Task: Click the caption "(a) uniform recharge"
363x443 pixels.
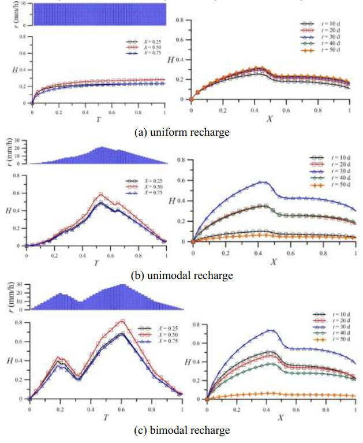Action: point(182,132)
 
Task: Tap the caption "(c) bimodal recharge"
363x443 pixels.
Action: point(182,430)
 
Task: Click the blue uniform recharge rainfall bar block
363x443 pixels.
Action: point(99,14)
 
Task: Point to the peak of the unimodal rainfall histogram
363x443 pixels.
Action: point(102,148)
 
